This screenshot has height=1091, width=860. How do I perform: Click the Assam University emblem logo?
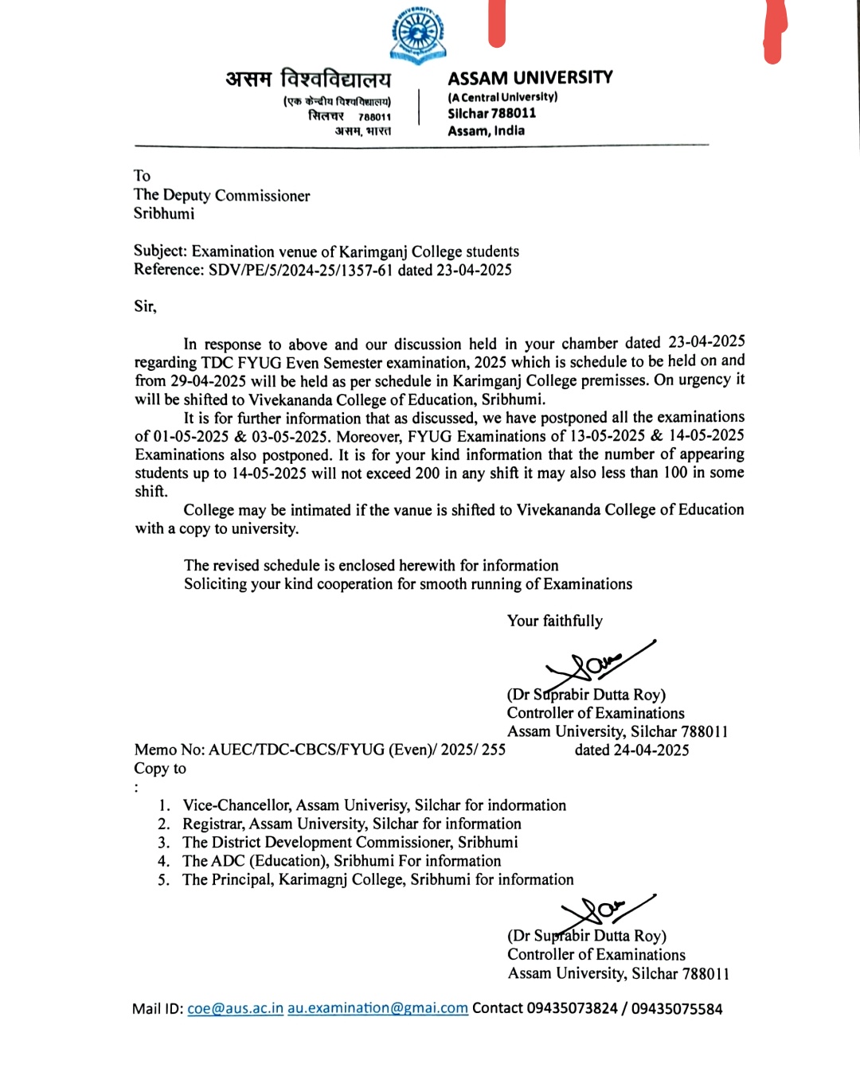[417, 34]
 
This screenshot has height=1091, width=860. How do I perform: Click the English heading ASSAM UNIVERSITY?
[530, 78]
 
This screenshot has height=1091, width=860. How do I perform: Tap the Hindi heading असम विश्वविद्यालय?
[308, 80]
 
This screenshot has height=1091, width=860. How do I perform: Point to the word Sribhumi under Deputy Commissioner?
[164, 213]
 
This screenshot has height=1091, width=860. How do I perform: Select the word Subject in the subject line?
[159, 251]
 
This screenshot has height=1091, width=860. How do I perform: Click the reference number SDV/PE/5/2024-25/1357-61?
[301, 270]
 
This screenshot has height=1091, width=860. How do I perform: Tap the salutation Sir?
[145, 306]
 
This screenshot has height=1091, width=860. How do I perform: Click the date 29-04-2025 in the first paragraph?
[208, 381]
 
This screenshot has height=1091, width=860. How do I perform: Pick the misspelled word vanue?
[411, 510]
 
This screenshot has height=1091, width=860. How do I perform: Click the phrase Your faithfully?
[554, 621]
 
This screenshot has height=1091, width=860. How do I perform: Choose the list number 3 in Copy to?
[163, 843]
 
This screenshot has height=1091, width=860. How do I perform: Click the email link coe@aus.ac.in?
[235, 1009]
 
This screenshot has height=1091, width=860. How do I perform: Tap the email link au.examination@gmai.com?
[377, 1009]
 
